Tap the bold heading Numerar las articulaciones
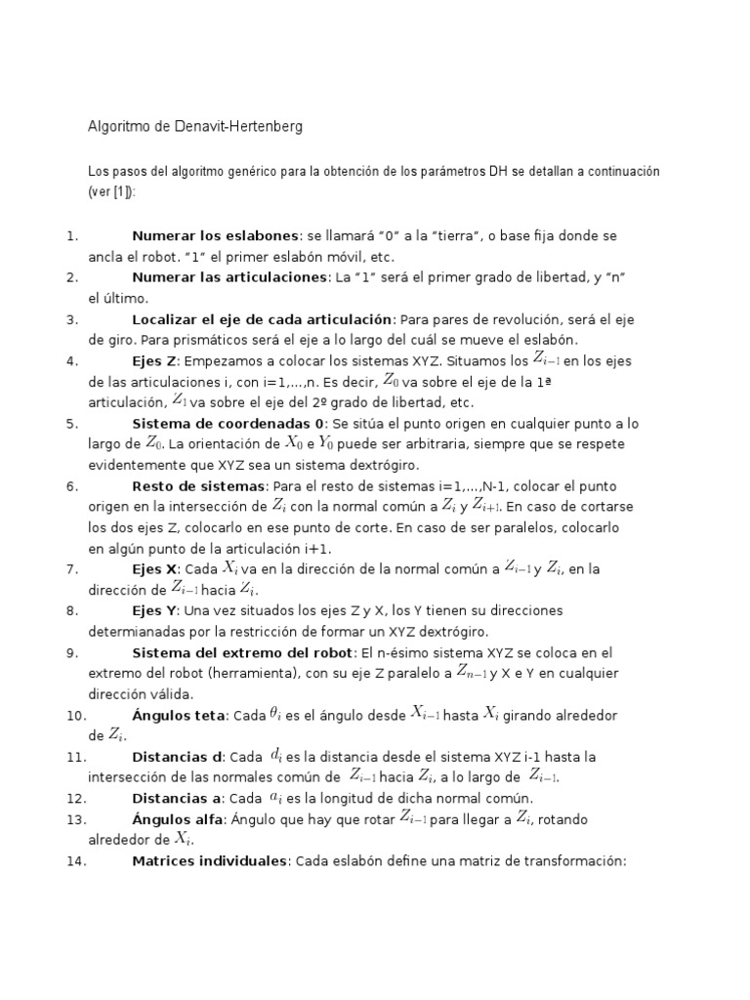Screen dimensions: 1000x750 pos(229,278)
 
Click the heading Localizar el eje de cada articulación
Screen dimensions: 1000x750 pos(262,319)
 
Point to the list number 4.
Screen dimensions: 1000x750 pos(72,361)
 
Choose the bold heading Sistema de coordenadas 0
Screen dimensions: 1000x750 pos(230,424)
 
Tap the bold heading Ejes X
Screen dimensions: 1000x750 pos(155,569)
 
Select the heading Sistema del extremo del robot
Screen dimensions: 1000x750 pos(244,653)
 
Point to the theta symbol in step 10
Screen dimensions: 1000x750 pos(274,715)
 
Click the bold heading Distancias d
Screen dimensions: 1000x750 pos(177,757)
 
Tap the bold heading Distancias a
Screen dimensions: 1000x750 pos(177,799)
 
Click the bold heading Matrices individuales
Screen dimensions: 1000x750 pos(207,861)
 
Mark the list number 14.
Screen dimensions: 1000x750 pos(76,861)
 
